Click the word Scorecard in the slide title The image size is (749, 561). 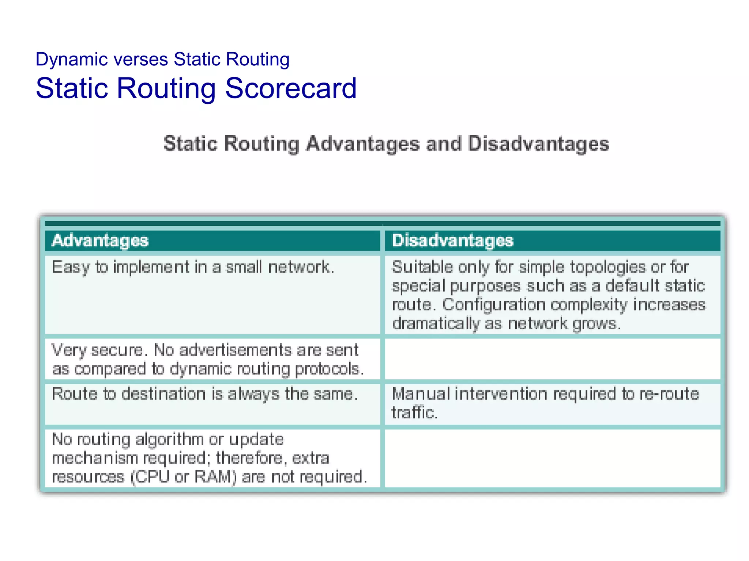coord(291,88)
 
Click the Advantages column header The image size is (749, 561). coord(100,241)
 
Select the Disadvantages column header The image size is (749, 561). coord(453,241)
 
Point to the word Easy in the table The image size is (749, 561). coord(70,267)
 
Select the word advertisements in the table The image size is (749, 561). coord(236,350)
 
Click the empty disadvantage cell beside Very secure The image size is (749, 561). coord(552,359)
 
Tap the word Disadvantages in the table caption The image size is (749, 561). coord(538,144)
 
